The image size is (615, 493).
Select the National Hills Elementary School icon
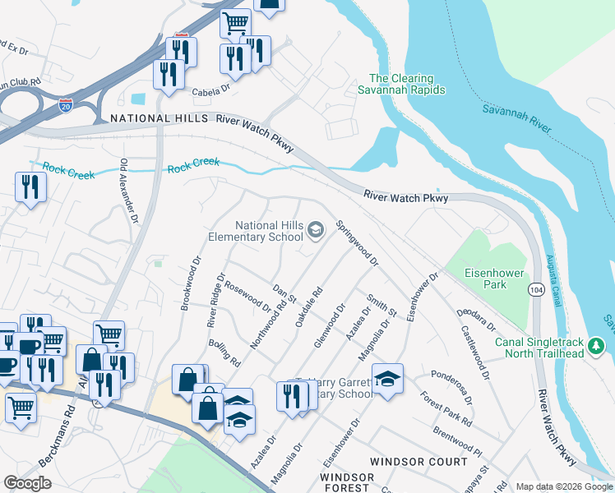coord(316,233)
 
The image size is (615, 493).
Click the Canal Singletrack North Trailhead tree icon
coord(599,347)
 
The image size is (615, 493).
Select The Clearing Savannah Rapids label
coord(401,85)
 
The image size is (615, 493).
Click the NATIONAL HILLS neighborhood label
coord(160,119)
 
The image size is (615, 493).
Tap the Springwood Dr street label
coord(357,243)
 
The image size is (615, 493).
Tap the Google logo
coord(27,483)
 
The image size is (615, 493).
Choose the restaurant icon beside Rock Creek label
coord(30,187)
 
